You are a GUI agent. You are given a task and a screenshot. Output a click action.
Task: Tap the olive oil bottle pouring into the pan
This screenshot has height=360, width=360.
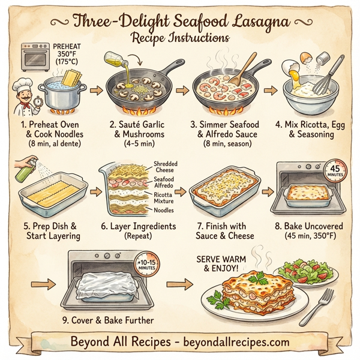pyautogui.click(x=113, y=59)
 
